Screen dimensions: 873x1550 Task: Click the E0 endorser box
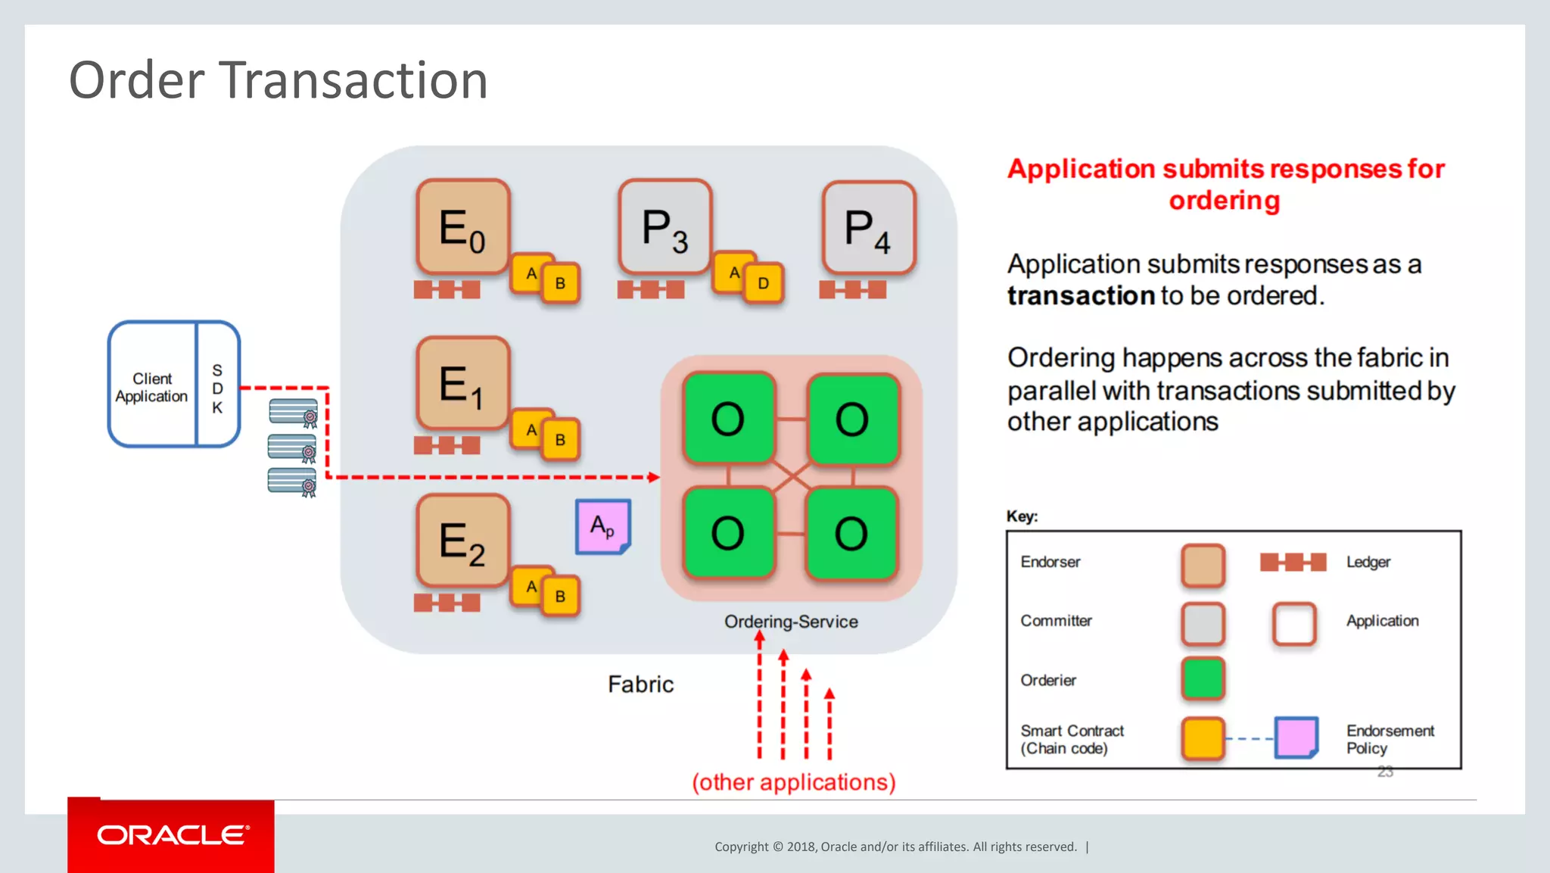click(x=462, y=226)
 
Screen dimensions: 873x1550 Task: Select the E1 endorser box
click(x=462, y=383)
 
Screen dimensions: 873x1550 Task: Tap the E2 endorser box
click(x=462, y=541)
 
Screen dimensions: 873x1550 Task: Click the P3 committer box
click(x=665, y=226)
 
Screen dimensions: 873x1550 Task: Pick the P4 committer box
click(x=868, y=227)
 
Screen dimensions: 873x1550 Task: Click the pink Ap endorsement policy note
click(x=602, y=526)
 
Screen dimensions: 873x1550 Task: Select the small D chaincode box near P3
click(x=763, y=283)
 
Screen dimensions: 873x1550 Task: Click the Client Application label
click(x=151, y=387)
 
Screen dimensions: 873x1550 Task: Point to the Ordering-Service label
click(x=791, y=622)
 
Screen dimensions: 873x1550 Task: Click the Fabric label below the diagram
click(x=640, y=684)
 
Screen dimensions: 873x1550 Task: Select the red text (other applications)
click(x=793, y=781)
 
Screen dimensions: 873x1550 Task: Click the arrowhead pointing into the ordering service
click(x=653, y=477)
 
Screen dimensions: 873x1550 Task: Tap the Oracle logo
click(x=172, y=835)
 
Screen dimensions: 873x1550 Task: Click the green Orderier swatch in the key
click(x=1202, y=678)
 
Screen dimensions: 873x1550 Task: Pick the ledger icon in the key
click(x=1293, y=562)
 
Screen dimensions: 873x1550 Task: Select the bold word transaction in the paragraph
click(x=1080, y=295)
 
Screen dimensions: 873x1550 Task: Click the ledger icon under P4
click(x=852, y=290)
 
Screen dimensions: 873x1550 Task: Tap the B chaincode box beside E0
click(x=560, y=283)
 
